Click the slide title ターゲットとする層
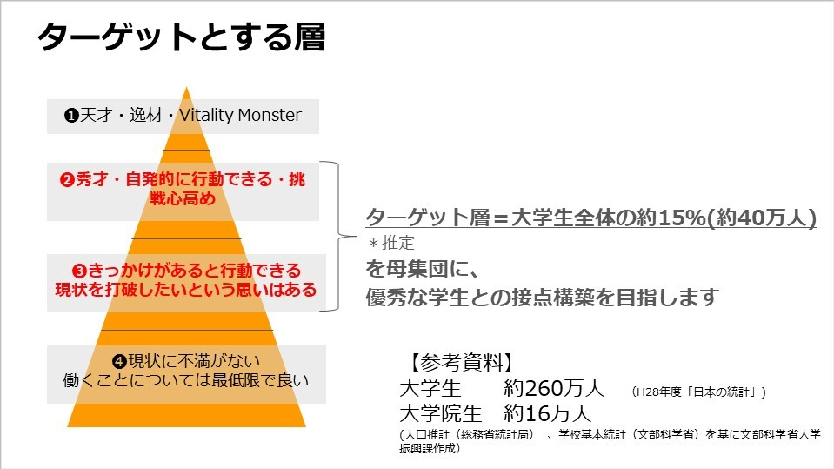181,37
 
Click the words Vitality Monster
240,115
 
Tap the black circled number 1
71,116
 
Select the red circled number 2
67,179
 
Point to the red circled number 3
79,271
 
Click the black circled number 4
119,362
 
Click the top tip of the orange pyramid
187,87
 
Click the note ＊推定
391,243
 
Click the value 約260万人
554,388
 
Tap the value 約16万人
547,413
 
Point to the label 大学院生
440,413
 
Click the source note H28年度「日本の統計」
698,392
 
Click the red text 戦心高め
183,198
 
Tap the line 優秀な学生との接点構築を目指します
542,297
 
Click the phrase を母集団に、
423,269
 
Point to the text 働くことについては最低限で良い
185,380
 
